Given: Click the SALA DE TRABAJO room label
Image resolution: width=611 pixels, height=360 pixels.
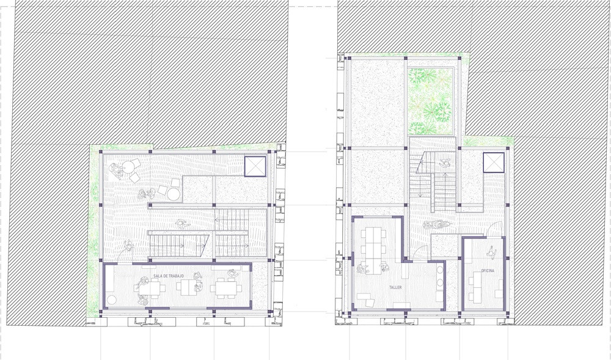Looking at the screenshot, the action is [169, 276].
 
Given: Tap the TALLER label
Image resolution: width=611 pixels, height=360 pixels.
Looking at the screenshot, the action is [395, 287].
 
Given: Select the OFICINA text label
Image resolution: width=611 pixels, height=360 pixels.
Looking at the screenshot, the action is [488, 270].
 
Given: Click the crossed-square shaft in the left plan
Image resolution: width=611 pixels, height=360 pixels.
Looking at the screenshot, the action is [255, 166].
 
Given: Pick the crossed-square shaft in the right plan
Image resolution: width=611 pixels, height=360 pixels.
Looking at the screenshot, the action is [494, 163].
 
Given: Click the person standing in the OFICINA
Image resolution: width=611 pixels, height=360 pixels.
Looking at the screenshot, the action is [491, 252].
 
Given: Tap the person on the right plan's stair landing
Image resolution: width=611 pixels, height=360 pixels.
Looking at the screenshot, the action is [445, 163].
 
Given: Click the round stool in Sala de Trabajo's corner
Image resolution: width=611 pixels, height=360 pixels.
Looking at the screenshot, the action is [111, 299].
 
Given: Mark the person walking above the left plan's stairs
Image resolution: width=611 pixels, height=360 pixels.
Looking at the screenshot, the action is [181, 224].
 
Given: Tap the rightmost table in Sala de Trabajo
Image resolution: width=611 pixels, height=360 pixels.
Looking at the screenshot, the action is [227, 288].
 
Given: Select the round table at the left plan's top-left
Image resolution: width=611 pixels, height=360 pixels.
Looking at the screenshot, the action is [128, 167].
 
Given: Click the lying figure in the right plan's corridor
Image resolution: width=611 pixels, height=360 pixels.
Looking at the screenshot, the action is [436, 224].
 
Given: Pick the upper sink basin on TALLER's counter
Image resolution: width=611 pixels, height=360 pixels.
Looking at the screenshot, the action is [440, 269].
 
